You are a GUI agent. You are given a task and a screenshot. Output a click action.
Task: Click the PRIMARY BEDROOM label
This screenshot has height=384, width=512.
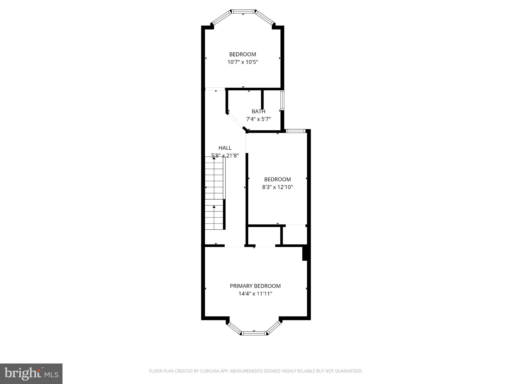tap(255, 286)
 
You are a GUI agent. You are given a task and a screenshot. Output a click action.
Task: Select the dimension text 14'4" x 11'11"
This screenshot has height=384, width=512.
tap(255, 294)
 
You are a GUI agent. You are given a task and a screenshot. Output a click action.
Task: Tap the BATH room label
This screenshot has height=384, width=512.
tap(258, 111)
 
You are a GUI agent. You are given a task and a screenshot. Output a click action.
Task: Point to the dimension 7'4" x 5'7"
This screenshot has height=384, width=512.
tap(258, 119)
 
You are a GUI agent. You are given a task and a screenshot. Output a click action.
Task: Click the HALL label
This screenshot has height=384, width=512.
tap(225, 148)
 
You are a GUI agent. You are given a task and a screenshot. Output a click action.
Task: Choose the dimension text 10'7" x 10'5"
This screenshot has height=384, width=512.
tap(242, 62)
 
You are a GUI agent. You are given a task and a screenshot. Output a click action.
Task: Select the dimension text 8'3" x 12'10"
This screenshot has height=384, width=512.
tap(277, 187)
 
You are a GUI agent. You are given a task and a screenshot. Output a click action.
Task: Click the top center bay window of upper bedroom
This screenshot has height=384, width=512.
tap(243, 11)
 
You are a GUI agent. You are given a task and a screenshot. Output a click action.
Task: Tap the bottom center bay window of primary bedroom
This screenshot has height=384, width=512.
tap(254, 333)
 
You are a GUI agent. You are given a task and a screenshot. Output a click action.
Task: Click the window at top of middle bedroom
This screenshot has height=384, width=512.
tap(295, 131)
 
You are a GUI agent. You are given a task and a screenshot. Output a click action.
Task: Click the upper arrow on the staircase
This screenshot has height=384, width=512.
tap(214, 158)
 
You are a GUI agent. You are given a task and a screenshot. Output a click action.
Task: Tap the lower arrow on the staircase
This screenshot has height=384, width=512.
tap(214, 207)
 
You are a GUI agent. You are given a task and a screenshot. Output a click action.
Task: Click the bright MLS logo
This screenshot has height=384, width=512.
tap(31, 374)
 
